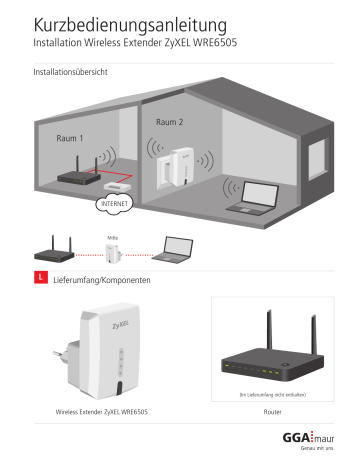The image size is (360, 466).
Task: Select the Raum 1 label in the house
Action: point(69,138)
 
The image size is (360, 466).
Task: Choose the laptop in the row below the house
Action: point(180,250)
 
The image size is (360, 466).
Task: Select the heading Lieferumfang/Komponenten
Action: point(101,281)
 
